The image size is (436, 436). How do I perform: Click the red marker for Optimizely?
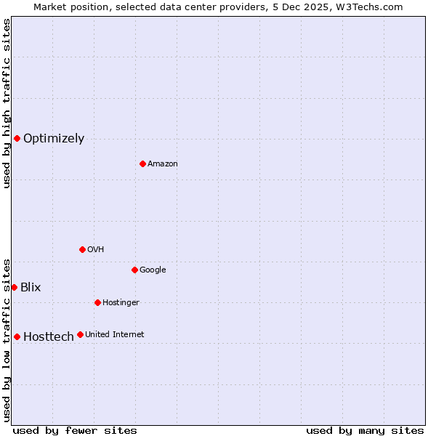point(17,138)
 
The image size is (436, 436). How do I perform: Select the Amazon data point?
point(142,163)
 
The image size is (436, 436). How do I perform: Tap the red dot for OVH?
point(82,249)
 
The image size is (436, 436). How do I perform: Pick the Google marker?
point(134,270)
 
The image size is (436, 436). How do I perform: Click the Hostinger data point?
point(97,302)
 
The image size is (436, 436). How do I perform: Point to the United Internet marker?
point(80,334)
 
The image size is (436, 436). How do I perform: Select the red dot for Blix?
point(14,287)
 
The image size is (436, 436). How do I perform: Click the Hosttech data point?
point(17,336)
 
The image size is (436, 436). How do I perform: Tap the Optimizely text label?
point(54,139)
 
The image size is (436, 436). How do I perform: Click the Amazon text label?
point(163,164)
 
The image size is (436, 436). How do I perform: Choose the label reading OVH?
point(95,250)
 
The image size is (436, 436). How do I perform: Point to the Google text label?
point(153,270)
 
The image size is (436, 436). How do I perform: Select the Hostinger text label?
point(121,303)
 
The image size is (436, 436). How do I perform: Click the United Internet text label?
point(114,335)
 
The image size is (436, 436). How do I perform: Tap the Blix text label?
point(31,288)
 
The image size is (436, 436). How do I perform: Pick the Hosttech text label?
point(49,337)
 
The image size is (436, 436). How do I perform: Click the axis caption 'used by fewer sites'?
point(75,430)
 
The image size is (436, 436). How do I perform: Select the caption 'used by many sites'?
point(365,430)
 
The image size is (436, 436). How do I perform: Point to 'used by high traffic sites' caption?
point(7,103)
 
